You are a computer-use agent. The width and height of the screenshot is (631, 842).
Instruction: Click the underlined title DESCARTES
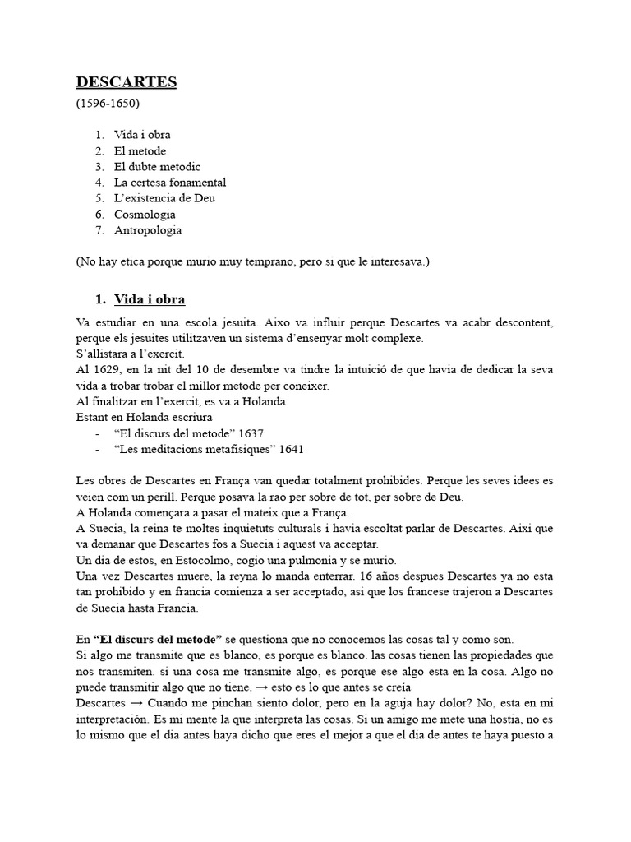pyautogui.click(x=126, y=82)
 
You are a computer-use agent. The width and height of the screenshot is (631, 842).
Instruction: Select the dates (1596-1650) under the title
pyautogui.click(x=108, y=104)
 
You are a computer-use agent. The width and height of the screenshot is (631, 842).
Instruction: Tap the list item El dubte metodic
pyautogui.click(x=157, y=167)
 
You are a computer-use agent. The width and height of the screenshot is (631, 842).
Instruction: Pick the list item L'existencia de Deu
pyautogui.click(x=164, y=198)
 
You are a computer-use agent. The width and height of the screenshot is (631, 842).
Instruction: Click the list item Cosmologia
pyautogui.click(x=145, y=215)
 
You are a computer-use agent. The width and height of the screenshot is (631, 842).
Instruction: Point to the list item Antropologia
pyautogui.click(x=148, y=230)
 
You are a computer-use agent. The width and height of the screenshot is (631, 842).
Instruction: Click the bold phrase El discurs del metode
pyautogui.click(x=157, y=639)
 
